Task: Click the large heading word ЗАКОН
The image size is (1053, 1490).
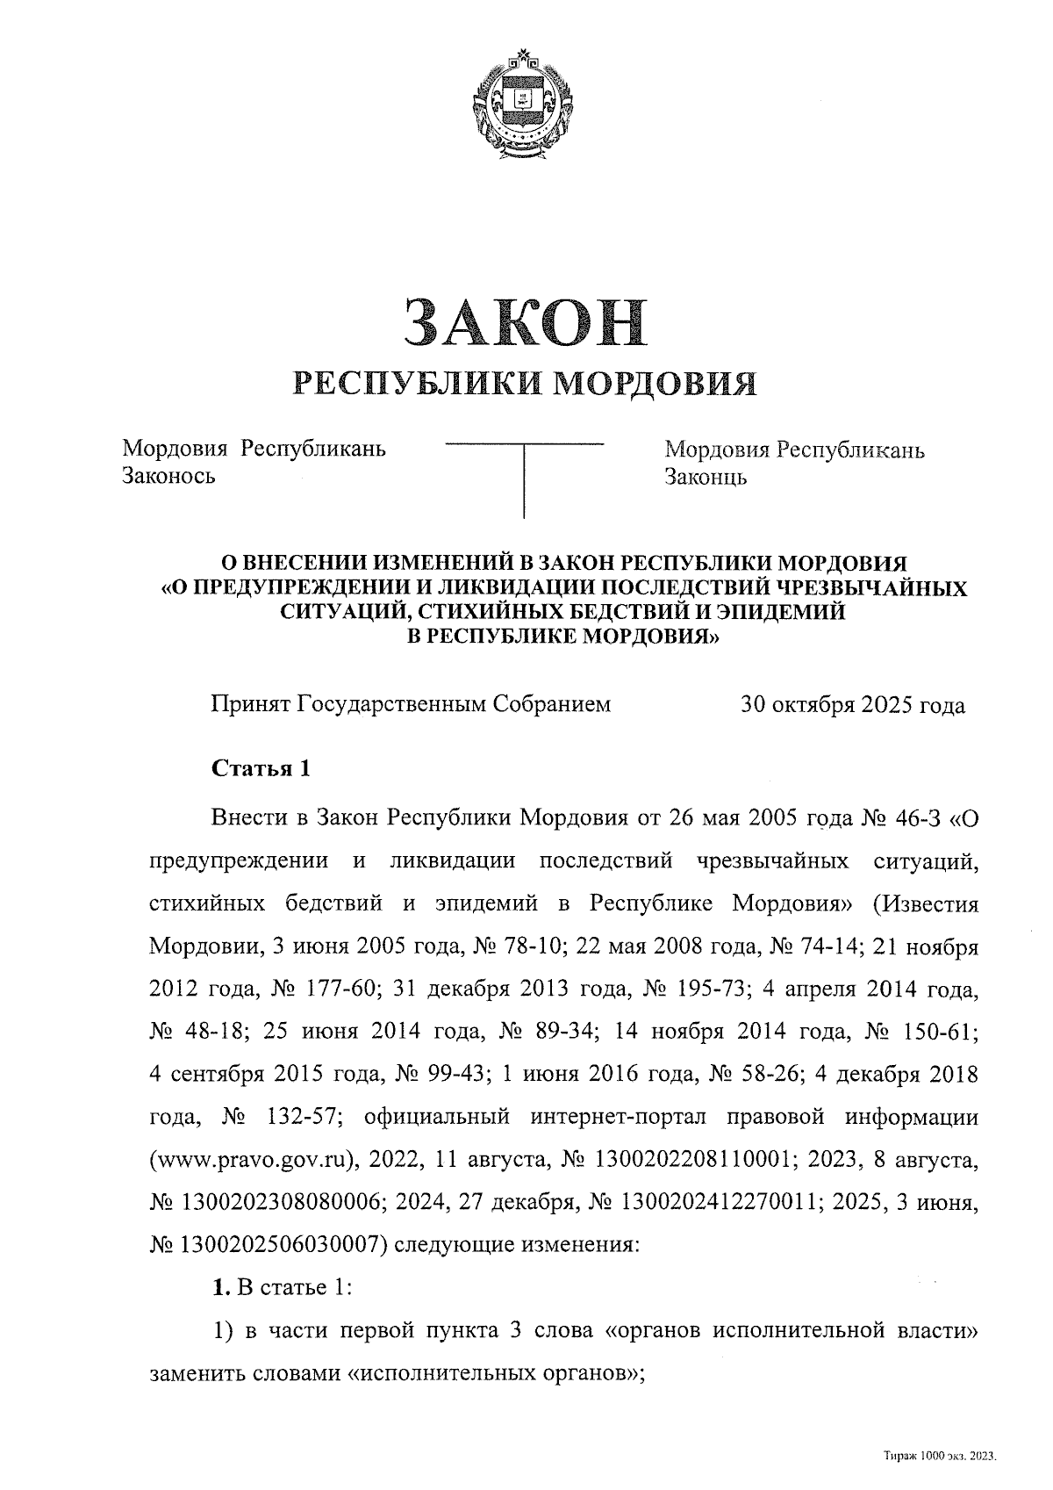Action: [524, 321]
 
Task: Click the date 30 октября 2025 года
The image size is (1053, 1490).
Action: [852, 705]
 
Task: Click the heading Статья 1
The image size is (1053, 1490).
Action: [261, 768]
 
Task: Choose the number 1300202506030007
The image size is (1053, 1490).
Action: [277, 1244]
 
